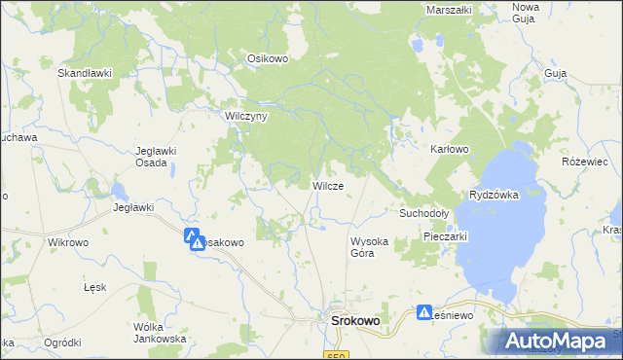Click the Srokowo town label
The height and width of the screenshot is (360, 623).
pyautogui.click(x=355, y=319)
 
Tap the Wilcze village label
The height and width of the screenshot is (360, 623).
pyautogui.click(x=327, y=185)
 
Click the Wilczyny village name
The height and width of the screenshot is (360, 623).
pyautogui.click(x=245, y=115)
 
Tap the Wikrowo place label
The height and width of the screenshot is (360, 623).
pyautogui.click(x=68, y=241)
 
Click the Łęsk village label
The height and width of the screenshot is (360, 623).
pyautogui.click(x=94, y=288)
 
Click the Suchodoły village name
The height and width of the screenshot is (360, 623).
pyautogui.click(x=423, y=212)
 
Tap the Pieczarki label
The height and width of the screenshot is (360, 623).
pyautogui.click(x=447, y=236)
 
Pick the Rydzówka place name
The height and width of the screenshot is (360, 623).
pyautogui.click(x=494, y=195)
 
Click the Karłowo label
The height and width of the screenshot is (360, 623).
pyautogui.click(x=450, y=149)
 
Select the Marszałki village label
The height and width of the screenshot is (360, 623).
pyautogui.click(x=449, y=10)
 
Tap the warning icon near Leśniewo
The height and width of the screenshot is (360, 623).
pyautogui.click(x=424, y=312)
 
